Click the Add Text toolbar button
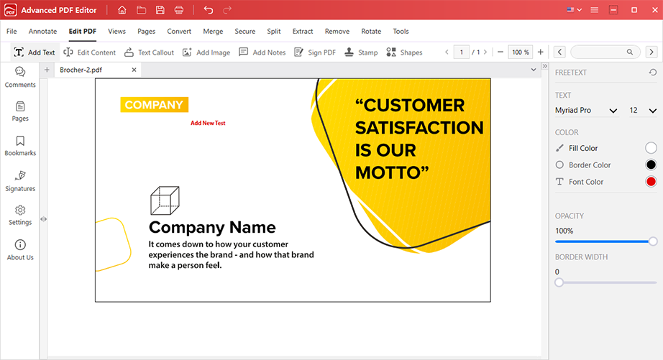35,52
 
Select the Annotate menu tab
42,32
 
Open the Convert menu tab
179,32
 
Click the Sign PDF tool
315,52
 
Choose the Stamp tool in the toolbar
361,52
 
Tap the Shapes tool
404,52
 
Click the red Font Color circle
651,182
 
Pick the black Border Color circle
651,165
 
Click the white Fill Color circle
651,148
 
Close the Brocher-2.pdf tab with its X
134,70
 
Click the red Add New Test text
208,123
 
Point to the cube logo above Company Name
165,200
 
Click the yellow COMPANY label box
155,105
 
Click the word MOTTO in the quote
388,173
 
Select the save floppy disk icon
160,10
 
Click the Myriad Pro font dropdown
586,110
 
